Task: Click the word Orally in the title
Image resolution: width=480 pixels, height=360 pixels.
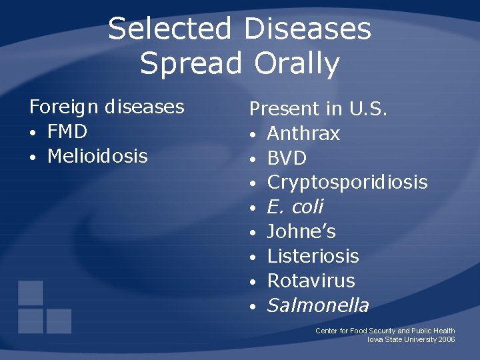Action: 296,64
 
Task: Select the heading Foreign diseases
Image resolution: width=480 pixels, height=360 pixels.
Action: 106,107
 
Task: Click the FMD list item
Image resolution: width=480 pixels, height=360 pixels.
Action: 67,131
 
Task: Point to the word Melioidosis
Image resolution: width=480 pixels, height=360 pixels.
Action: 97,156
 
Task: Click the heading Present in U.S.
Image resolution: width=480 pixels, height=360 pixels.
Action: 318,109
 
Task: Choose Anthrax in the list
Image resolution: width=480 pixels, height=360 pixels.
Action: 303,133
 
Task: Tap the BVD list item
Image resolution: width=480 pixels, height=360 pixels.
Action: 287,158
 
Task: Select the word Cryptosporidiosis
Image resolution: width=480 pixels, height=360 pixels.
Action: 347,183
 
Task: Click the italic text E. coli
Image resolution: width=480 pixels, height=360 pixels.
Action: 295,207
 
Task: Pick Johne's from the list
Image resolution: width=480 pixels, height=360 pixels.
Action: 301,232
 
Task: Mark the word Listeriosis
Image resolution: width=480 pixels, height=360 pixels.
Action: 313,256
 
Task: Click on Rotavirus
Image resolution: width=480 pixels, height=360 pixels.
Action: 311,281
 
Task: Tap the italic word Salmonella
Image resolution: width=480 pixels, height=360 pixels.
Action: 317,305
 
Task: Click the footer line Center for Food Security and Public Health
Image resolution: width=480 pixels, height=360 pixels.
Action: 385,331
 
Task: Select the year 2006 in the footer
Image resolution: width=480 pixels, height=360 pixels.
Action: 447,339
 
